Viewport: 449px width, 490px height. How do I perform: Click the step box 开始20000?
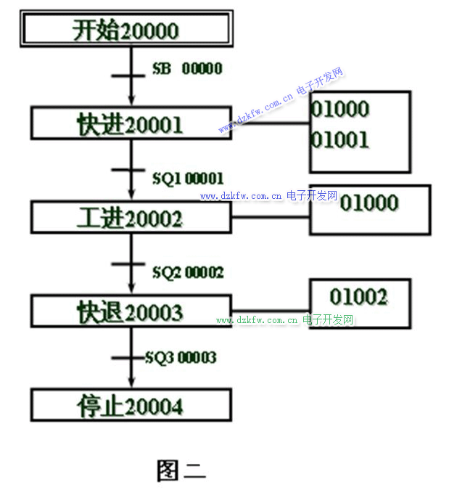[x=125, y=30]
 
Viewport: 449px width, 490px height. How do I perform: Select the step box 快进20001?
[x=130, y=124]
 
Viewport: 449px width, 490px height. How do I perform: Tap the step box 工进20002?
[x=130, y=219]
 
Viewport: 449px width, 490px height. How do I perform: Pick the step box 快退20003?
[x=130, y=312]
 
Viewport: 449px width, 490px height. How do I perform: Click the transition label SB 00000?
[x=187, y=69]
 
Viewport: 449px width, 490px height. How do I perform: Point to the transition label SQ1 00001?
[x=188, y=178]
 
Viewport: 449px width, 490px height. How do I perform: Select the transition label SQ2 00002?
[x=188, y=272]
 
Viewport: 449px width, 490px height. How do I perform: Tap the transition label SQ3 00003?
[x=180, y=357]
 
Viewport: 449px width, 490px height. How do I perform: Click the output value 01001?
[x=340, y=139]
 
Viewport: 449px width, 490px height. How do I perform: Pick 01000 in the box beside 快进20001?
[x=340, y=110]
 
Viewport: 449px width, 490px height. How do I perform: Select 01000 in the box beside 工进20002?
[x=369, y=203]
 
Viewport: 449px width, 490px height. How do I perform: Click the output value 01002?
[x=358, y=296]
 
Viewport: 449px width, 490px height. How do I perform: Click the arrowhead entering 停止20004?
[x=131, y=384]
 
